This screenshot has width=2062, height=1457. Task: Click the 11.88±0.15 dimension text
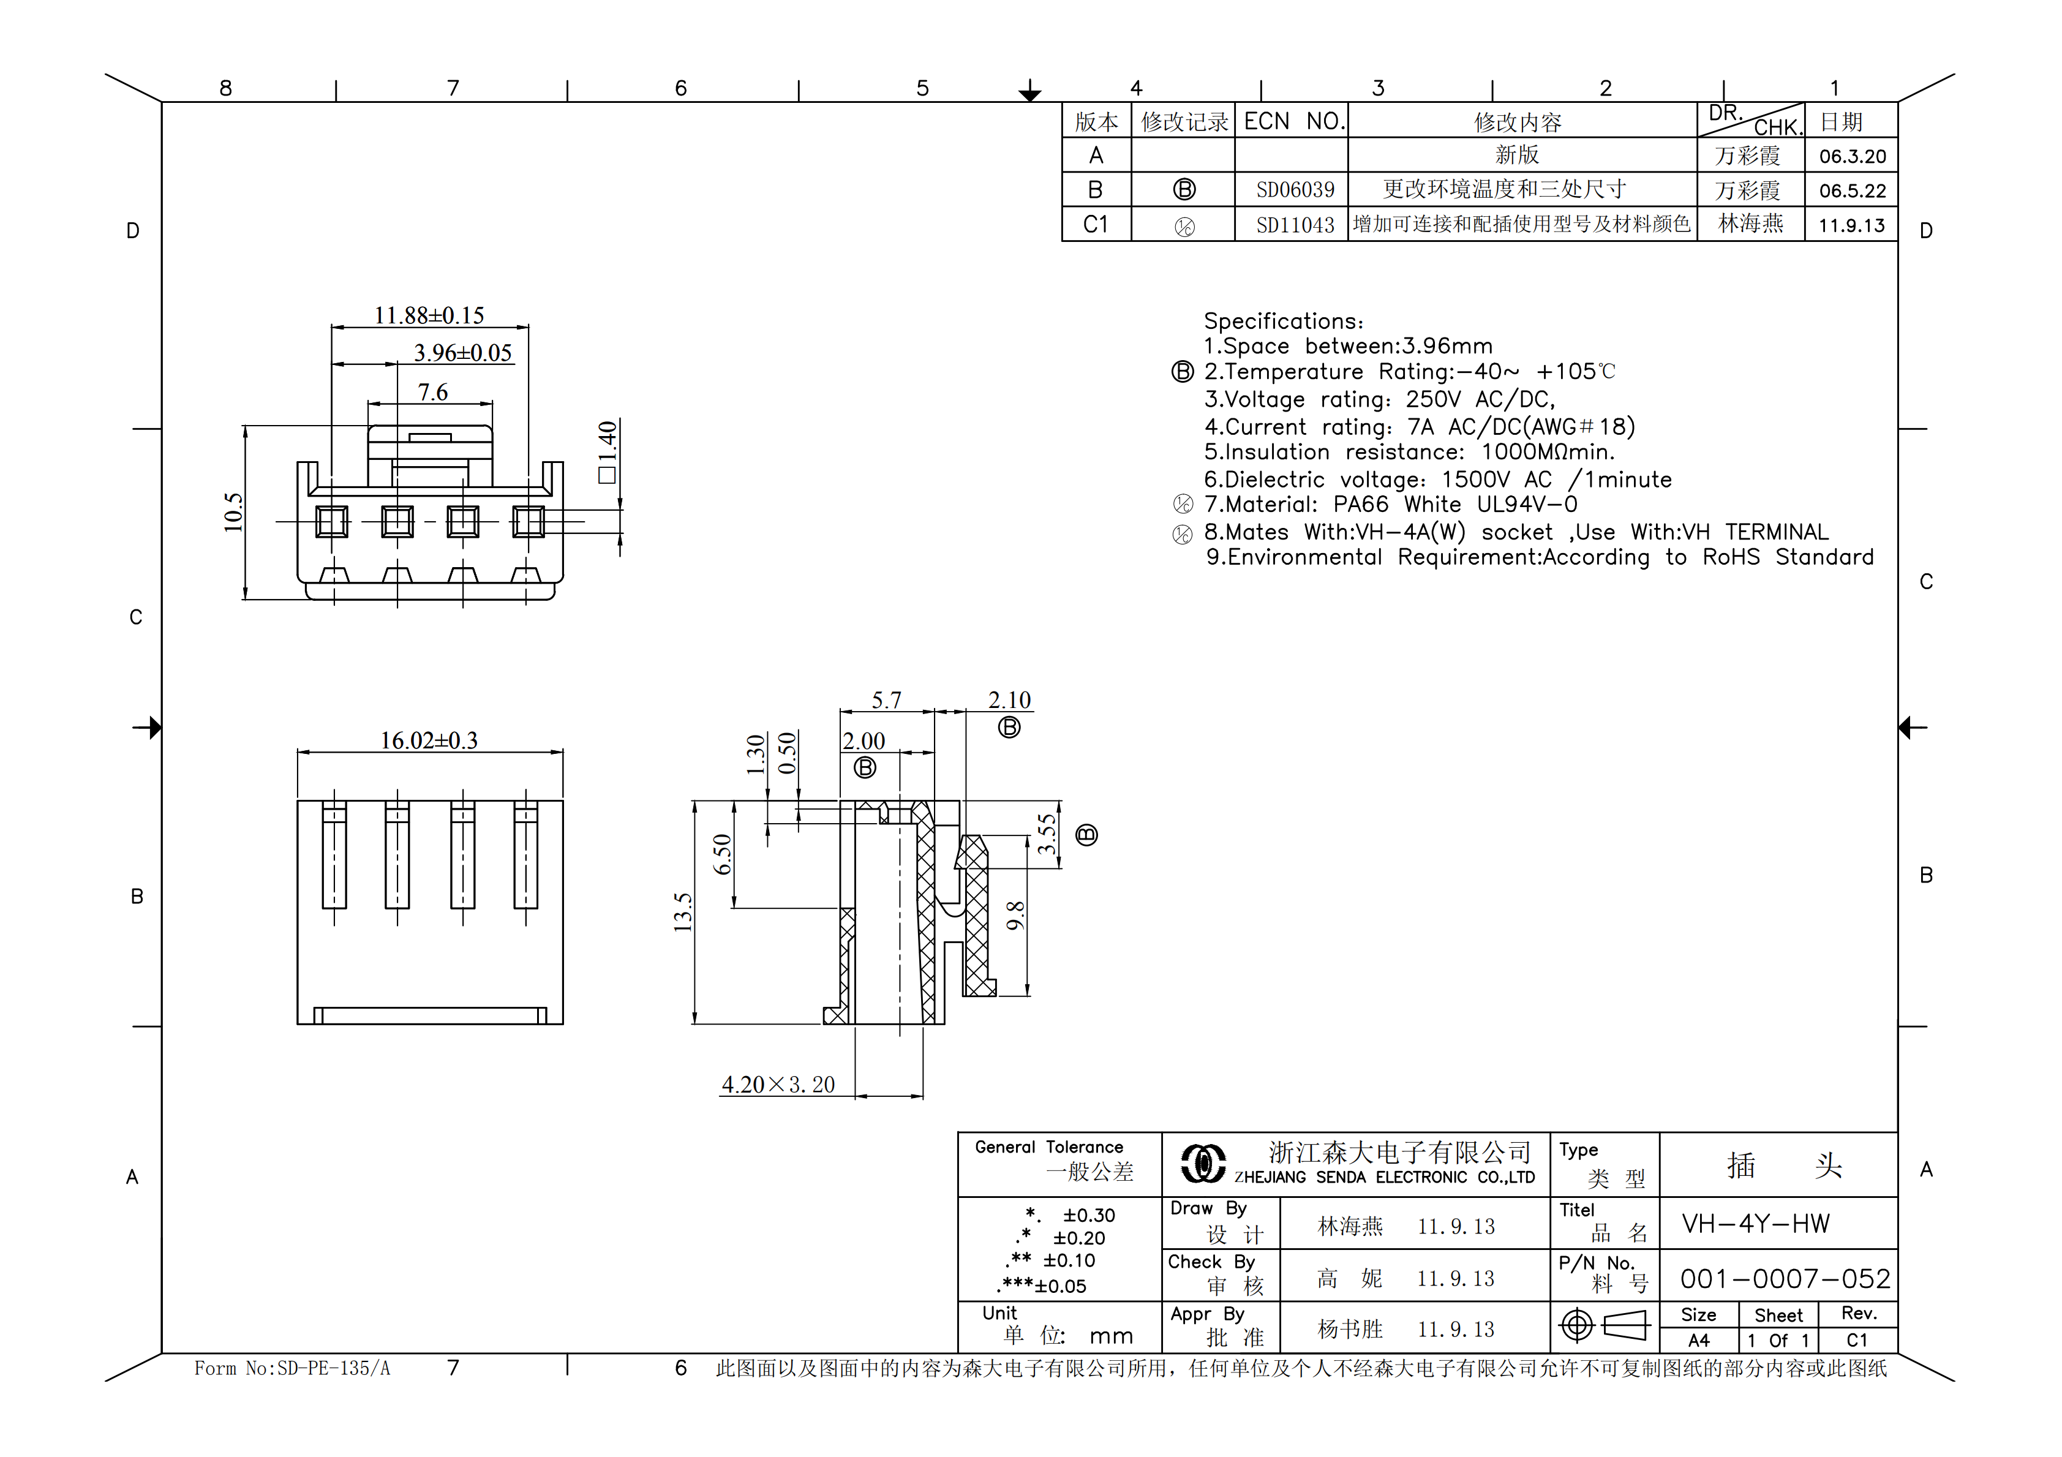coord(429,316)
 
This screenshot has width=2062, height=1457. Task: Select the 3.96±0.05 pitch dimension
coord(462,353)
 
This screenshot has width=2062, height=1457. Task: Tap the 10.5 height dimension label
coord(233,512)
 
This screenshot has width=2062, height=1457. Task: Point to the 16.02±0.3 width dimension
coord(429,741)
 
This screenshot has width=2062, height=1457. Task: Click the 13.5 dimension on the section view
coord(683,912)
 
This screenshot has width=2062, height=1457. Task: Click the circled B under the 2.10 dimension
coord(1009,728)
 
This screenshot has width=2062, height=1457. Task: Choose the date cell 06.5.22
coord(1852,191)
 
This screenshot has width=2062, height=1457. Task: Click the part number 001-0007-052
coord(1785,1278)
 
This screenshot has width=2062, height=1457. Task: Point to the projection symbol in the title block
coord(1604,1325)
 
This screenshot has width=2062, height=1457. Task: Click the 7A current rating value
coord(1421,427)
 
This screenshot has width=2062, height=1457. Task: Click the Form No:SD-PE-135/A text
coord(292,1368)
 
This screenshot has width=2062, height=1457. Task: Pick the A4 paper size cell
coord(1698,1340)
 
